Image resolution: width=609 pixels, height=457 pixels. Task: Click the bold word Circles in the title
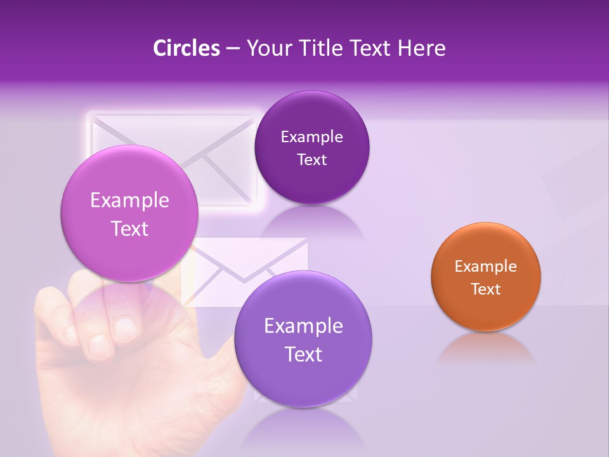click(x=186, y=48)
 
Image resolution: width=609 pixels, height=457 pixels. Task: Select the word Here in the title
click(x=422, y=48)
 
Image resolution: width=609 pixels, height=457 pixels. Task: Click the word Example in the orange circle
click(x=486, y=267)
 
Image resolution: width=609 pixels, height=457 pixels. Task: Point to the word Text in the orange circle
click(x=486, y=289)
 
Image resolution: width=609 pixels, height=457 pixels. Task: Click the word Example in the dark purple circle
click(x=312, y=137)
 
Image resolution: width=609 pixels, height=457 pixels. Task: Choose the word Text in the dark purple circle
click(x=312, y=160)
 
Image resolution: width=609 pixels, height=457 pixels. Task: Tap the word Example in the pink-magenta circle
click(x=129, y=201)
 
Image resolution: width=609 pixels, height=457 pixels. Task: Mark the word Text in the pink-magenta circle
click(x=129, y=229)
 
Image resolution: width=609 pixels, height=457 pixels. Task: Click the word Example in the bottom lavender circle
click(x=303, y=326)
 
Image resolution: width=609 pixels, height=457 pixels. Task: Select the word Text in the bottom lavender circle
click(x=303, y=355)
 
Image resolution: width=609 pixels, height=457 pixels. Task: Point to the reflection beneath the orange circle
click(x=486, y=348)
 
